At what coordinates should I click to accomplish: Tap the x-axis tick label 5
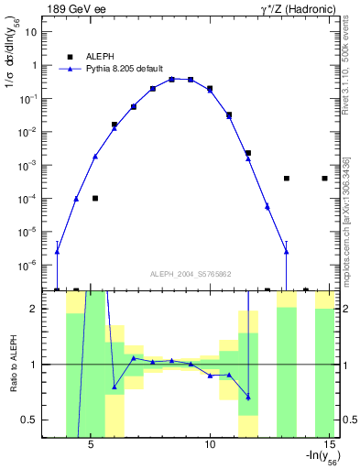91,447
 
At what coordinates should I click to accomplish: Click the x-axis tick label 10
210,447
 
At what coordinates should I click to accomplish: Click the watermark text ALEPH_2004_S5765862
191,274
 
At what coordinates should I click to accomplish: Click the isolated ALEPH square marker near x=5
95,198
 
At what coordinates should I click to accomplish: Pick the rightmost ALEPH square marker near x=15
324,179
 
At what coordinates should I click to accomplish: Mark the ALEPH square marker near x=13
286,179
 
